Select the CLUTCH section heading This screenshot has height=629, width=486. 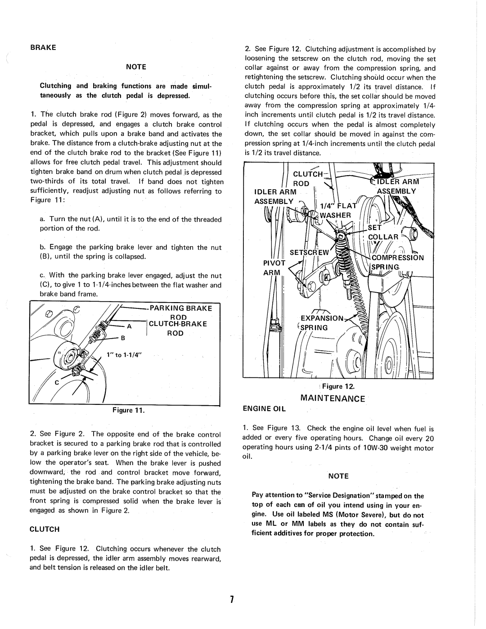pos(45,529)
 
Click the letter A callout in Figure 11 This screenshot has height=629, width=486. pos(129,326)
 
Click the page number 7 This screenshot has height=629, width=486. pos(231,599)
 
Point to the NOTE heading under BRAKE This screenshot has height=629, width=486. pos(136,67)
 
